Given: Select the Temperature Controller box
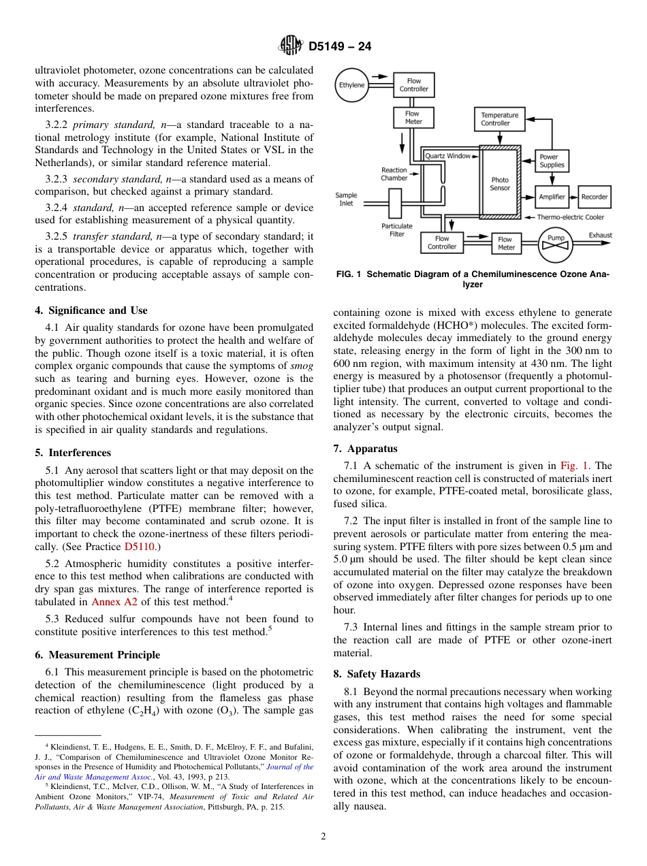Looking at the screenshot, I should tap(499, 119).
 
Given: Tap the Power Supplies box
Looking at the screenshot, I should tap(552, 161).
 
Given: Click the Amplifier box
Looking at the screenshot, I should tap(552, 197).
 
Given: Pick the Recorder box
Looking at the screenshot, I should tap(594, 197).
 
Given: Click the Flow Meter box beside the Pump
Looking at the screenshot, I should tap(505, 243).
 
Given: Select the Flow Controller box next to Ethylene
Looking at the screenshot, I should tap(413, 85).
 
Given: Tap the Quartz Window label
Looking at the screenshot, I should tap(447, 156).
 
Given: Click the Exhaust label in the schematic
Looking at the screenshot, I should tap(600, 236).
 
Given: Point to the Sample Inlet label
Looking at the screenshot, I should tap(346, 199).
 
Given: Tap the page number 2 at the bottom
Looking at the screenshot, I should tap(323, 837).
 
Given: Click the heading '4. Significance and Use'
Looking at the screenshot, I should tap(91, 310).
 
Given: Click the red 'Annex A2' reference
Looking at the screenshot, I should tap(114, 602).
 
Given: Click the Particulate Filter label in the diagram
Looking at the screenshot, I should tap(396, 230).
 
